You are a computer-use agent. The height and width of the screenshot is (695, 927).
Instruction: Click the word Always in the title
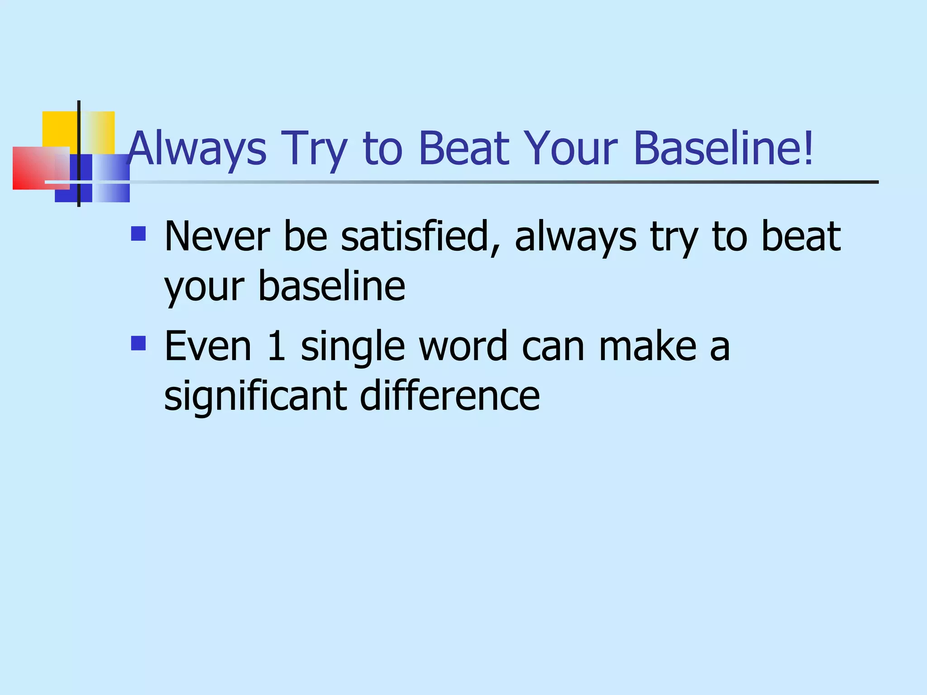point(197,149)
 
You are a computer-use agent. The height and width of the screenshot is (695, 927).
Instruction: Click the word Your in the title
point(571,149)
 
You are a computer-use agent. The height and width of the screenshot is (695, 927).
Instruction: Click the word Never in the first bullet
point(217,236)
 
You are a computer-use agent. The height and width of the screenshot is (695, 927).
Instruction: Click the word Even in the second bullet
point(208,347)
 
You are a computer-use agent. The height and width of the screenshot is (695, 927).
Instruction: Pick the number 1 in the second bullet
point(277,347)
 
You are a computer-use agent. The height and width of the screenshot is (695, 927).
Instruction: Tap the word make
point(648,347)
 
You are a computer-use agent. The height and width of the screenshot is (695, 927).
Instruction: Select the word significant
point(255,396)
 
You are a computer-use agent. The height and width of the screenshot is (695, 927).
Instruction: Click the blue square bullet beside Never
point(138,233)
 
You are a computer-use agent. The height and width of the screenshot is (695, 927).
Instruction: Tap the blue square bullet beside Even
point(138,343)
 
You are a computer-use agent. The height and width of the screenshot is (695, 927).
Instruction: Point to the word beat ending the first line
point(801,236)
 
